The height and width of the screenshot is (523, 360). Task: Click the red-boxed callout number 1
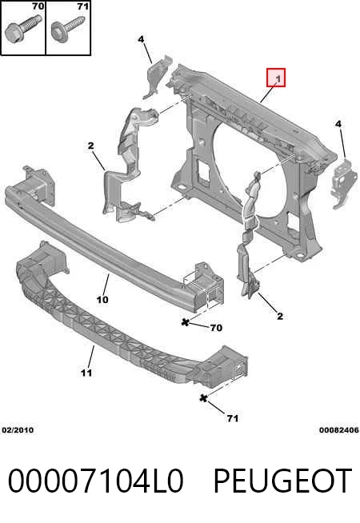276,78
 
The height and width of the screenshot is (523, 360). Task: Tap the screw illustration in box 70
22,30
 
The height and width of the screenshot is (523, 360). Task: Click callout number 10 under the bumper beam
102,300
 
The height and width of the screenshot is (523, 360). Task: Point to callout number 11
86,373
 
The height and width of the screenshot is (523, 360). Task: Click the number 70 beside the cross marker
216,328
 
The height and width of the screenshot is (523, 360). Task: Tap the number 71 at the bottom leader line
233,418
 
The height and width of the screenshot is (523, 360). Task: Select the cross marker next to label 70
186,322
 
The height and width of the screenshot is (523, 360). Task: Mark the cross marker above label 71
203,398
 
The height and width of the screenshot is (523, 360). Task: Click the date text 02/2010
18,430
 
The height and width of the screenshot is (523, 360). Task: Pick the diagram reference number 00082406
339,430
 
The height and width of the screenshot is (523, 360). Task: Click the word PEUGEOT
282,481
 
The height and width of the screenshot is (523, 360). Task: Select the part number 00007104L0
95,481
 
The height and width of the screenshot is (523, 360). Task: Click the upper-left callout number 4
141,39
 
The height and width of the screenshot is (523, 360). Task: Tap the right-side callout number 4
338,124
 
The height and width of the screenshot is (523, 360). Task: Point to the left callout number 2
90,146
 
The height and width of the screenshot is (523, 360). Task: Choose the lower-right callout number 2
280,316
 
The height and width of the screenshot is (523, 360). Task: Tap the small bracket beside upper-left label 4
157,77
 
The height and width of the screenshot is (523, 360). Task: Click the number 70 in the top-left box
38,6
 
